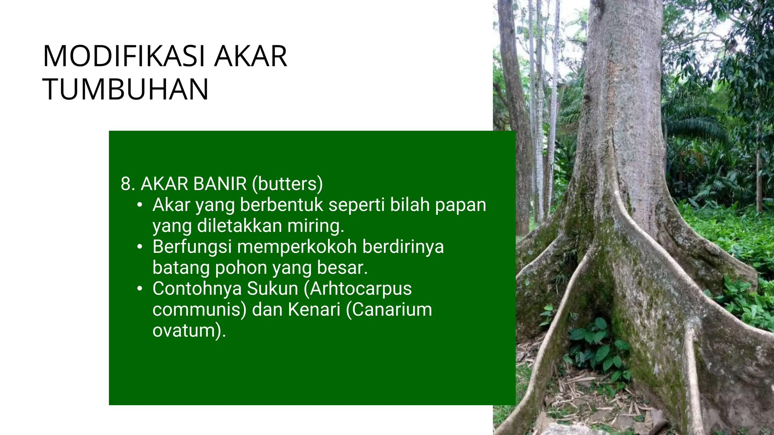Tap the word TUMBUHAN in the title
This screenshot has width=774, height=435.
point(125,89)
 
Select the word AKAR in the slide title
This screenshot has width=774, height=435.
point(251,56)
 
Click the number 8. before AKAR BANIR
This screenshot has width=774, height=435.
point(128,184)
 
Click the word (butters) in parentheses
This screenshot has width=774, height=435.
point(288,184)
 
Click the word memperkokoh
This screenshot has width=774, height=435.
point(297,247)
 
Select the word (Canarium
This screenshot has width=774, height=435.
point(389,310)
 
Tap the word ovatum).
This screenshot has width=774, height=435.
point(189,331)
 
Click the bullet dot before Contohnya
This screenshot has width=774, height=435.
point(140,289)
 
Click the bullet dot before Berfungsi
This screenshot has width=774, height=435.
point(140,247)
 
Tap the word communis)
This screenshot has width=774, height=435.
point(200,310)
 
